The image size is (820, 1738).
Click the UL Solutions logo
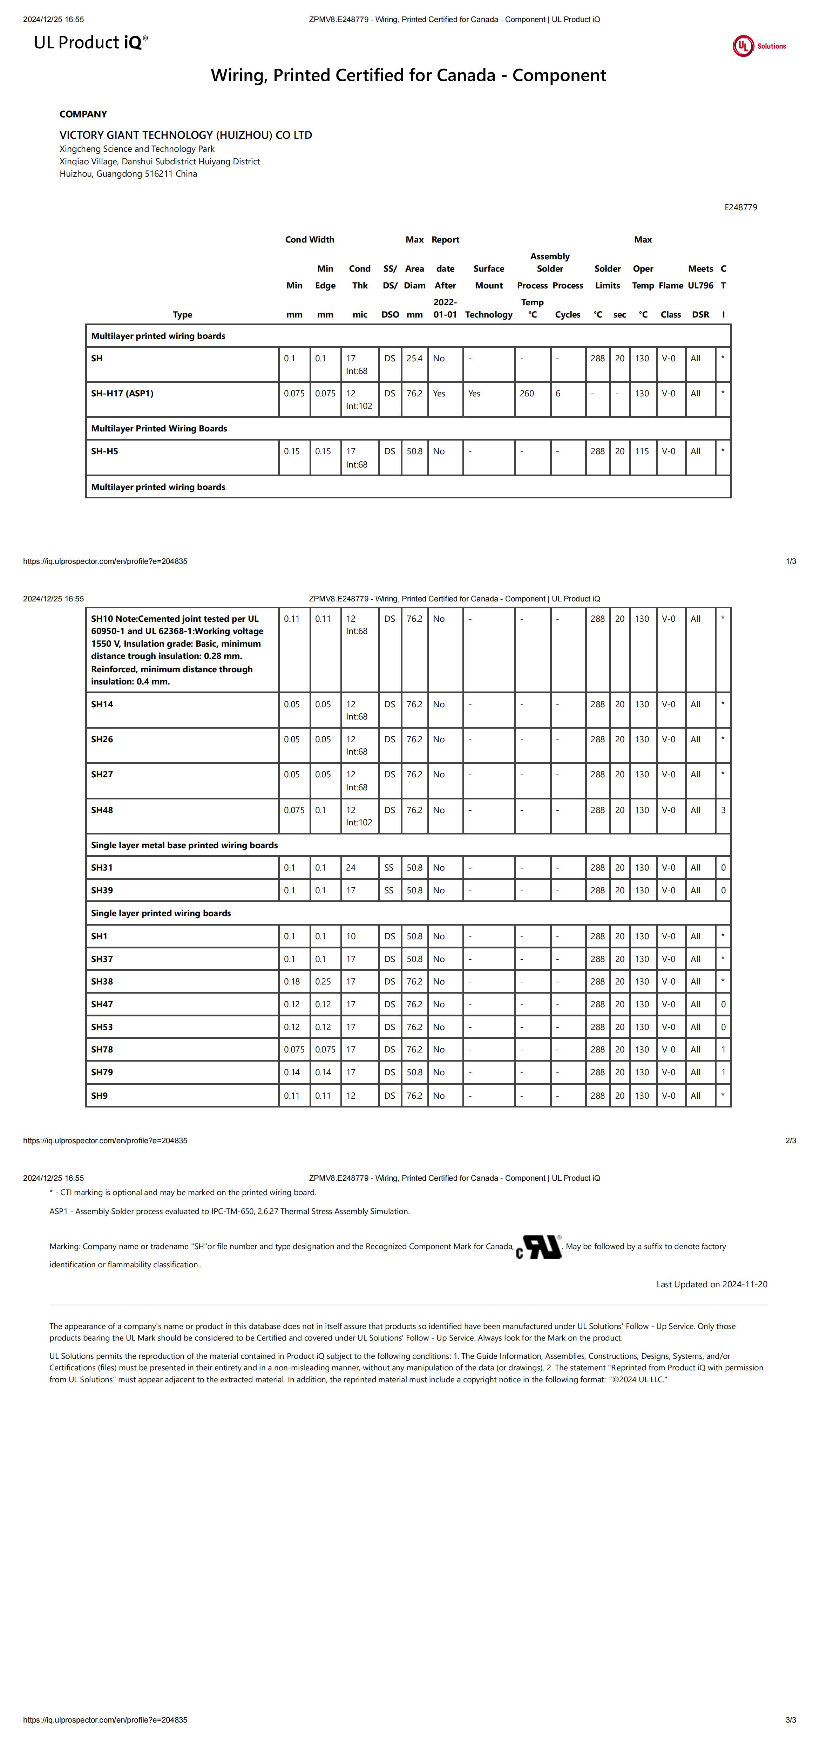(x=759, y=46)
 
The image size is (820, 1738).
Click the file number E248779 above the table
(x=740, y=207)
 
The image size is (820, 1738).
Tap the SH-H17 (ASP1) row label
(x=122, y=393)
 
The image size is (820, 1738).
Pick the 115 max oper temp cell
(x=642, y=451)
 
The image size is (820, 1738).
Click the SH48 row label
(x=102, y=810)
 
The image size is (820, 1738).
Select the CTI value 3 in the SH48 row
(x=723, y=810)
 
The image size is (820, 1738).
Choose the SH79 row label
(x=102, y=1072)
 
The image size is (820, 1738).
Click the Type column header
(x=182, y=314)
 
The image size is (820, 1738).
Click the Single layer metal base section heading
(x=184, y=845)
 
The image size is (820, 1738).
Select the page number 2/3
(x=790, y=1140)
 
